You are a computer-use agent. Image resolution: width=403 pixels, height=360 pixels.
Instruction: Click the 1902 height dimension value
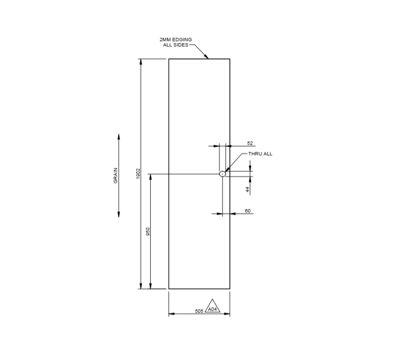(138, 174)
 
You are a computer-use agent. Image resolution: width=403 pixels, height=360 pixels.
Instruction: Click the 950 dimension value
(148, 231)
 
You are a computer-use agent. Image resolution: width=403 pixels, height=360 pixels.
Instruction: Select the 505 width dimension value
(199, 311)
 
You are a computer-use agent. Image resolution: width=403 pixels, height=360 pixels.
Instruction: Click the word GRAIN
(116, 176)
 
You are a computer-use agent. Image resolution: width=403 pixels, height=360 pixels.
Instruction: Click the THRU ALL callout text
(260, 154)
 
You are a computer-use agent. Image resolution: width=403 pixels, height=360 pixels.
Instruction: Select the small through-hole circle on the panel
(223, 174)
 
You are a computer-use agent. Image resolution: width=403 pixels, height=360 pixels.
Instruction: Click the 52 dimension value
(249, 143)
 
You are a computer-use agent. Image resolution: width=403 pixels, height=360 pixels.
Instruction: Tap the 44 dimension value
(248, 190)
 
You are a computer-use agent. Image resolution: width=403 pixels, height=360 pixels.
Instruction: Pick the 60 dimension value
(248, 211)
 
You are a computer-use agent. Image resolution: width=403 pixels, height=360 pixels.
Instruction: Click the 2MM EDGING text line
(176, 39)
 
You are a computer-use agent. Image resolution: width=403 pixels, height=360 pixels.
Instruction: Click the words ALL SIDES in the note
(176, 45)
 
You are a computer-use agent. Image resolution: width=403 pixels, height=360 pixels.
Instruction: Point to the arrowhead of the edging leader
(207, 57)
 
